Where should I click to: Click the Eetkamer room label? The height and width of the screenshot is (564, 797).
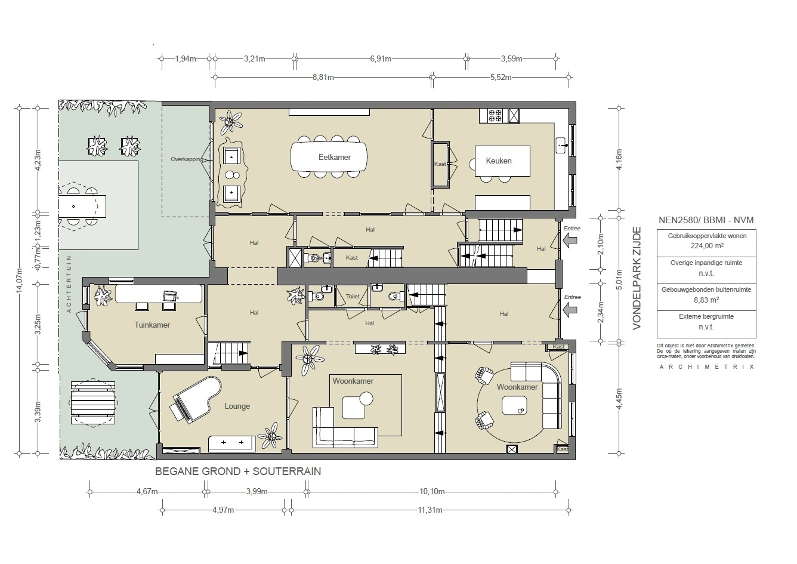click(x=334, y=158)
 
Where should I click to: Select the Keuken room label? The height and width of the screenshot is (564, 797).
click(x=498, y=161)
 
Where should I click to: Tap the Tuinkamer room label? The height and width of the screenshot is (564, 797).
click(x=152, y=325)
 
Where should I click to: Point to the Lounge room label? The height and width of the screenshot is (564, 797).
click(x=237, y=406)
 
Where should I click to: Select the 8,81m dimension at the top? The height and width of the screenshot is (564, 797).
click(x=323, y=77)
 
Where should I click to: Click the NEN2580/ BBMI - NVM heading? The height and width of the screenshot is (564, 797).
click(x=706, y=220)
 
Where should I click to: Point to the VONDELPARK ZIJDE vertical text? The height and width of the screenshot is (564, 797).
click(x=637, y=278)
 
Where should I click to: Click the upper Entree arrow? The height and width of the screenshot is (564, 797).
click(x=570, y=240)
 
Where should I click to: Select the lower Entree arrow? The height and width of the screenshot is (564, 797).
click(x=570, y=309)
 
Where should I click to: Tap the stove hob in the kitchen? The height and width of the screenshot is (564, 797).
click(x=496, y=115)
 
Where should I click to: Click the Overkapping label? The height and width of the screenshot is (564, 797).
click(x=187, y=160)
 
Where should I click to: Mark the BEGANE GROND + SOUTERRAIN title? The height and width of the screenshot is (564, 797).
click(x=237, y=471)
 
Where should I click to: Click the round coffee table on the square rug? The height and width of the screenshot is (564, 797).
click(x=366, y=398)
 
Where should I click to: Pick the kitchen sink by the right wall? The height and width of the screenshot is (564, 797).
click(x=561, y=144)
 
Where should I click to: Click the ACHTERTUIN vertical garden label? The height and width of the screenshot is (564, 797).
click(x=69, y=284)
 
